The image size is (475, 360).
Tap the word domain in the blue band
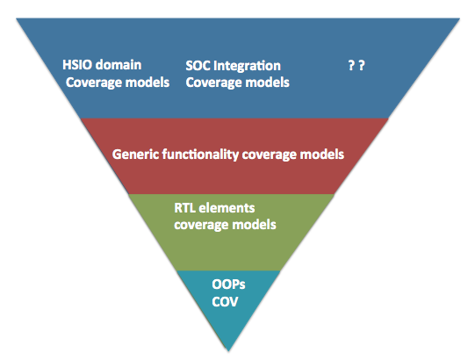(119, 65)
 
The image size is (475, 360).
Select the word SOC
(198, 66)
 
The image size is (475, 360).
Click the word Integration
(248, 66)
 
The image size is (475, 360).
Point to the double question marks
(356, 65)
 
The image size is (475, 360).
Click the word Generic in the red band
(135, 155)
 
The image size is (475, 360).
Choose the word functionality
(200, 155)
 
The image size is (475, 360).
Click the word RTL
(184, 208)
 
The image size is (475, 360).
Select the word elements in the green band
(227, 208)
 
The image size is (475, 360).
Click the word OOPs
(228, 284)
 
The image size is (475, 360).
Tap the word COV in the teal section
(225, 302)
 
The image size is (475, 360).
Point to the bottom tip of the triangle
(228, 351)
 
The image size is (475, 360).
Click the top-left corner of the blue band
(17, 18)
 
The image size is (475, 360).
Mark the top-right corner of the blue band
(460, 18)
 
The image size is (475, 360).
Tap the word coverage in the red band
(270, 155)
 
